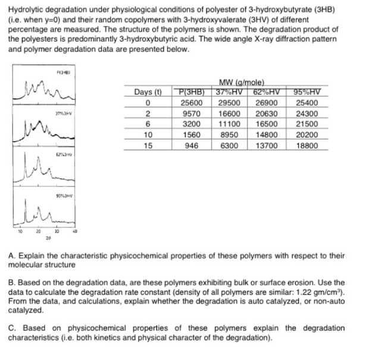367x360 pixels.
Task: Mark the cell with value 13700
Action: click(x=266, y=144)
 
